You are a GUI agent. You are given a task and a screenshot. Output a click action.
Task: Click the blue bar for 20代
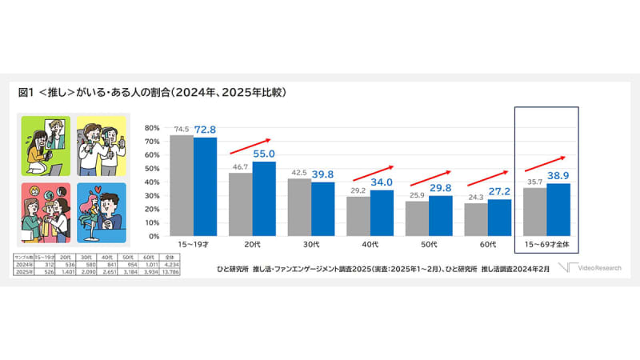[264, 199]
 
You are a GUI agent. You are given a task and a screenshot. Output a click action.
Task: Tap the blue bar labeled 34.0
[382, 214]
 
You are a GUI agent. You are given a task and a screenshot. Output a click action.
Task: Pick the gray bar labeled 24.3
[474, 220]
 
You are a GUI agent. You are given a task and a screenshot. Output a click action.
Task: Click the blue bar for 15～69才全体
[558, 210]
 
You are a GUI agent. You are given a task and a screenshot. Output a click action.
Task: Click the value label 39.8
[323, 174]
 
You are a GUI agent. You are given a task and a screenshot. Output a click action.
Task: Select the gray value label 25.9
[418, 194]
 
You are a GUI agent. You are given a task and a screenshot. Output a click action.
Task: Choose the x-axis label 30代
[311, 245]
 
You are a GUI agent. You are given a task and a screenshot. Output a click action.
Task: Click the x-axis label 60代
[486, 245]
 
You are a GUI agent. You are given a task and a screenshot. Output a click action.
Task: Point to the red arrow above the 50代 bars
[429, 176]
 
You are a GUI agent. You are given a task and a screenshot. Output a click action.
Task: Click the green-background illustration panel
[43, 145]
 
